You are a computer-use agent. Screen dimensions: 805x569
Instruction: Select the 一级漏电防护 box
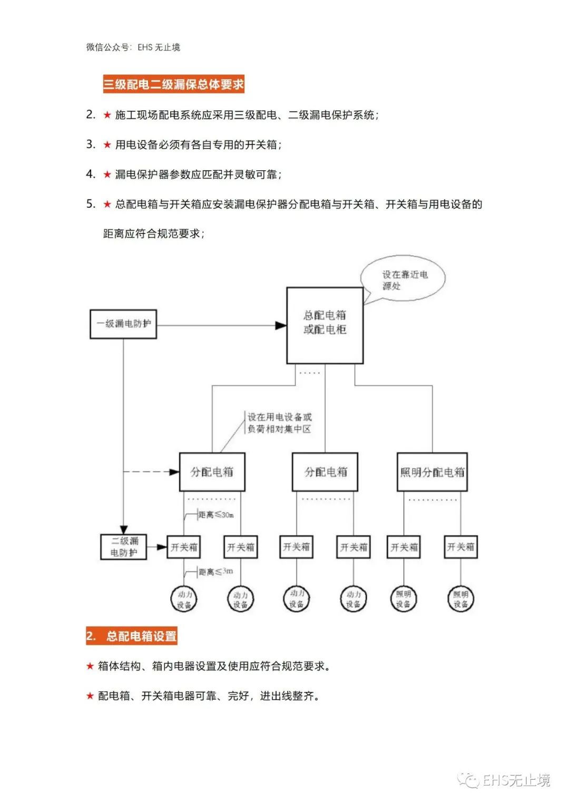pos(123,324)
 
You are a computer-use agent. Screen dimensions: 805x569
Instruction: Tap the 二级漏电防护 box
pos(124,547)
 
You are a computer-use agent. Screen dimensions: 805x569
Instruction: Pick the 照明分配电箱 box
pos(432,472)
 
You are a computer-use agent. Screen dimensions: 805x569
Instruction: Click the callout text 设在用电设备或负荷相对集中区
pos(279,423)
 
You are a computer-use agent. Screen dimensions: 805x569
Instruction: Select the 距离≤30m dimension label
pos(216,515)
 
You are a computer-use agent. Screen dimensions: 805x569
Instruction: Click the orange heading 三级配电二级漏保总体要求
pos(173,84)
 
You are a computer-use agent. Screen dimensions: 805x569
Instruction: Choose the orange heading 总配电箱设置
pos(132,636)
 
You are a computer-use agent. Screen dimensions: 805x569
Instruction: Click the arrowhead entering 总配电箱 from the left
pos(281,325)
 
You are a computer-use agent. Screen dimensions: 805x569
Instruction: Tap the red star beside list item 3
pos(107,145)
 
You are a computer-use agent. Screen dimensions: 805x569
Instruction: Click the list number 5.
pos(91,204)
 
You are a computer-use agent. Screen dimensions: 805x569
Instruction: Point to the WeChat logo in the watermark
pos(468,780)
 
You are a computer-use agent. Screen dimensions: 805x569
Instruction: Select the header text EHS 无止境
pos(159,47)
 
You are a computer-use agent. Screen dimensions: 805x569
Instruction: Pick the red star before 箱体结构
pos(90,666)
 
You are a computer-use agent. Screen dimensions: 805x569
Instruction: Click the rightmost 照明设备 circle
pos(460,599)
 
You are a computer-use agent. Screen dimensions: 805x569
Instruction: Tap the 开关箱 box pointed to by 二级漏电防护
pos(184,547)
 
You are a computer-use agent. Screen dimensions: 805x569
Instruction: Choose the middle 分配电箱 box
pos(325,472)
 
